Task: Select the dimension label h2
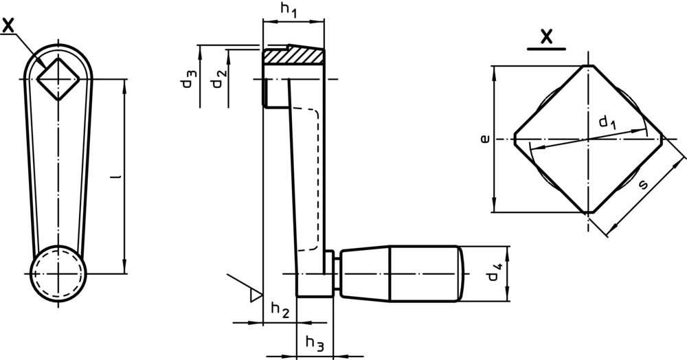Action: [280, 310]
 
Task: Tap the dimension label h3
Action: [314, 341]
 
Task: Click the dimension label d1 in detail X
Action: [606, 123]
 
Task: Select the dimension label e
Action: [485, 139]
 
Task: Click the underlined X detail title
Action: [547, 38]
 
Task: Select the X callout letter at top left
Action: [9, 26]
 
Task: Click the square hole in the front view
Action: [58, 79]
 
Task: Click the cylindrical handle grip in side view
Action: [398, 273]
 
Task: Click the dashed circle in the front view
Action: [58, 273]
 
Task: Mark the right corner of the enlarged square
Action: [662, 139]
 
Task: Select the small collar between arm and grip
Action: [331, 273]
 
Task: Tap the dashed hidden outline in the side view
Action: [317, 179]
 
